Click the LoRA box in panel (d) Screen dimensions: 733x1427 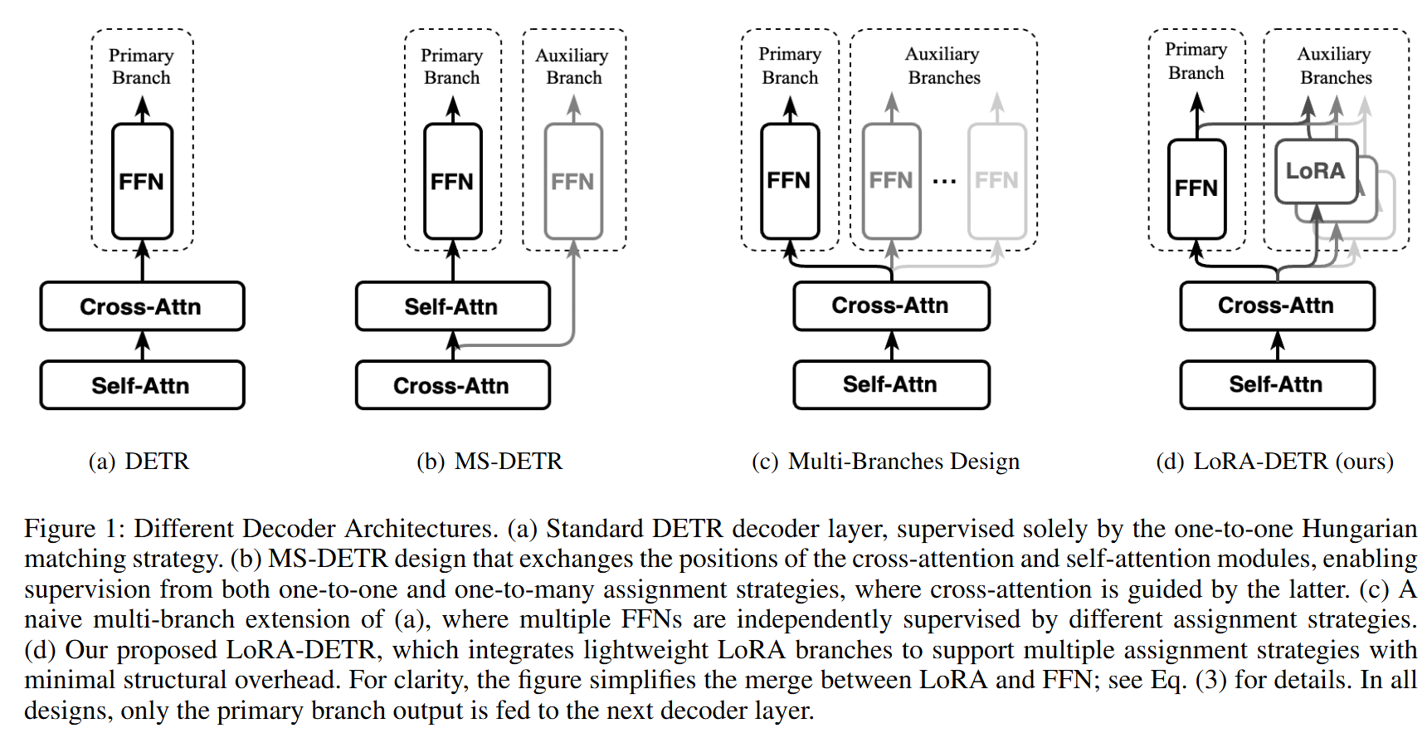click(1315, 171)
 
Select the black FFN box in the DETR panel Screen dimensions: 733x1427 click(142, 181)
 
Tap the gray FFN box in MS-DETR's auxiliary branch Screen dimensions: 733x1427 click(572, 181)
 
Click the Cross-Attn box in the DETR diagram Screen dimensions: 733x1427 click(142, 306)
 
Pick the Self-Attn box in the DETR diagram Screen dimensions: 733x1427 click(142, 385)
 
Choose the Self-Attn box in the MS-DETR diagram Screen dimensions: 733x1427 click(452, 306)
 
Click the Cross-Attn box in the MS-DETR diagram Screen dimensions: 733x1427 click(452, 385)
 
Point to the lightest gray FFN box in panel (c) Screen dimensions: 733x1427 click(996, 180)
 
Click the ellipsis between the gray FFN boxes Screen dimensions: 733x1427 click(944, 181)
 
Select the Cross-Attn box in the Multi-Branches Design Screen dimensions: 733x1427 click(891, 305)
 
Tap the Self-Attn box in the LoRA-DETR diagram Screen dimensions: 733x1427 click(1277, 384)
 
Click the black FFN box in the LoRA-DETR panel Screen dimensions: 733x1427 click(1196, 188)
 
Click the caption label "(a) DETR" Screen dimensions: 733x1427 click(139, 461)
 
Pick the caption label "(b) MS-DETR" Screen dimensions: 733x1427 click(489, 461)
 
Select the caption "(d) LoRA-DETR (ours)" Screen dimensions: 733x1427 click(1274, 461)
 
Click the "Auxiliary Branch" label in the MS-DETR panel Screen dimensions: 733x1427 click(572, 66)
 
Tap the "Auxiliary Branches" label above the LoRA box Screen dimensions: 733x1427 click(1335, 66)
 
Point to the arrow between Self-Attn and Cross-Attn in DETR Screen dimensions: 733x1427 click(142, 345)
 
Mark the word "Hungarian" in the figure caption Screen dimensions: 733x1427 click(1359, 529)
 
